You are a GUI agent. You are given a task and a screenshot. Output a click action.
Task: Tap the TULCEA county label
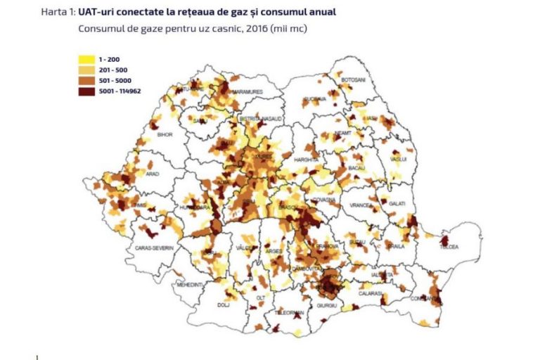(x=449, y=247)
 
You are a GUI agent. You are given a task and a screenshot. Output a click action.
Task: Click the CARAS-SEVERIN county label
(x=154, y=249)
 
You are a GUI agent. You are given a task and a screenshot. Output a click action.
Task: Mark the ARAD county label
(x=153, y=174)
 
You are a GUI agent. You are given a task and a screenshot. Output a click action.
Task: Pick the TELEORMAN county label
(x=290, y=311)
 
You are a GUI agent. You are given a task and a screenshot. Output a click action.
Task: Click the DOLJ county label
(x=224, y=305)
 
